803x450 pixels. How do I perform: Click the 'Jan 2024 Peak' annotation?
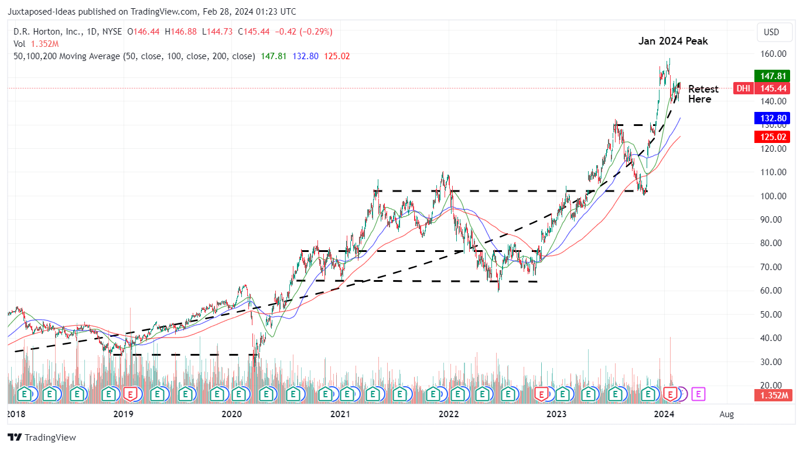(x=672, y=42)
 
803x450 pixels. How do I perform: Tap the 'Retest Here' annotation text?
(x=703, y=94)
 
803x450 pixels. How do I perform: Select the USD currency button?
(x=771, y=32)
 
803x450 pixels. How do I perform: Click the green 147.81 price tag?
(x=773, y=76)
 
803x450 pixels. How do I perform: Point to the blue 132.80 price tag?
(x=773, y=118)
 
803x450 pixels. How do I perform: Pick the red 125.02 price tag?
(x=773, y=137)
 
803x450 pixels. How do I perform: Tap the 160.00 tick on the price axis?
(x=773, y=54)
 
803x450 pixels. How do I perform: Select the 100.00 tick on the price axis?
(x=773, y=196)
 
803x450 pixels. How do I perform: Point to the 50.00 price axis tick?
(x=773, y=314)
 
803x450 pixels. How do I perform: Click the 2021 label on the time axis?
(x=340, y=415)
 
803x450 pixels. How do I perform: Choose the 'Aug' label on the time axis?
(x=726, y=415)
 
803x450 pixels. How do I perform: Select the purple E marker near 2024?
(x=699, y=394)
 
